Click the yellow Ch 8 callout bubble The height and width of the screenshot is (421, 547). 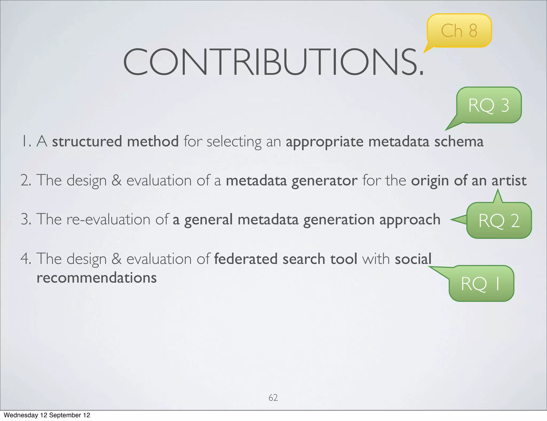click(459, 30)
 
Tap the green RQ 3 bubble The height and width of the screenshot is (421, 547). click(489, 105)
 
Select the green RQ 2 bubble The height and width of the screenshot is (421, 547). click(499, 220)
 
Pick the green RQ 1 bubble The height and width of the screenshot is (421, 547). click(481, 283)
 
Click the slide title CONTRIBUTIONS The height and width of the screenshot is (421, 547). click(273, 62)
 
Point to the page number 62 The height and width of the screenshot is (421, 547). click(273, 398)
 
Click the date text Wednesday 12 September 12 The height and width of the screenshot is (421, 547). click(47, 415)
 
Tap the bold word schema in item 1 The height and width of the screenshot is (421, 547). click(459, 141)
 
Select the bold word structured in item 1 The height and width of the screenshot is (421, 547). click(87, 141)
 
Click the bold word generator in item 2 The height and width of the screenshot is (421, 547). click(324, 181)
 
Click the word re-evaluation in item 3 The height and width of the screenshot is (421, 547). click(108, 220)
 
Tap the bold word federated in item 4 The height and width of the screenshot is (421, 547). click(246, 259)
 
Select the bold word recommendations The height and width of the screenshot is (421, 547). click(97, 278)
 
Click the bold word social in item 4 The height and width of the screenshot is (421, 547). click(413, 259)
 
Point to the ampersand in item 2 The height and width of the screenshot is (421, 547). click(116, 181)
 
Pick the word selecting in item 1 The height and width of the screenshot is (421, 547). click(234, 142)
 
